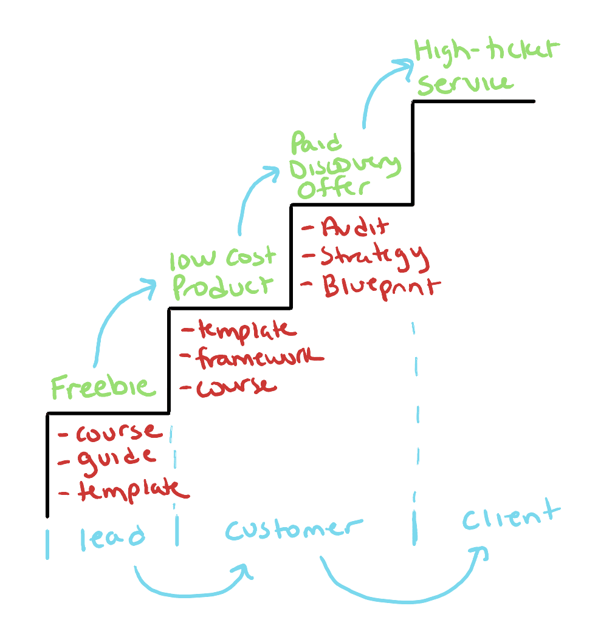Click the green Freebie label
[103, 387]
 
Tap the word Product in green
[222, 287]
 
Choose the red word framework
[259, 358]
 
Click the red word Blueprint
[378, 286]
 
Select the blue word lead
[112, 536]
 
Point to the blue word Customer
[294, 529]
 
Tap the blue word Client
[509, 517]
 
